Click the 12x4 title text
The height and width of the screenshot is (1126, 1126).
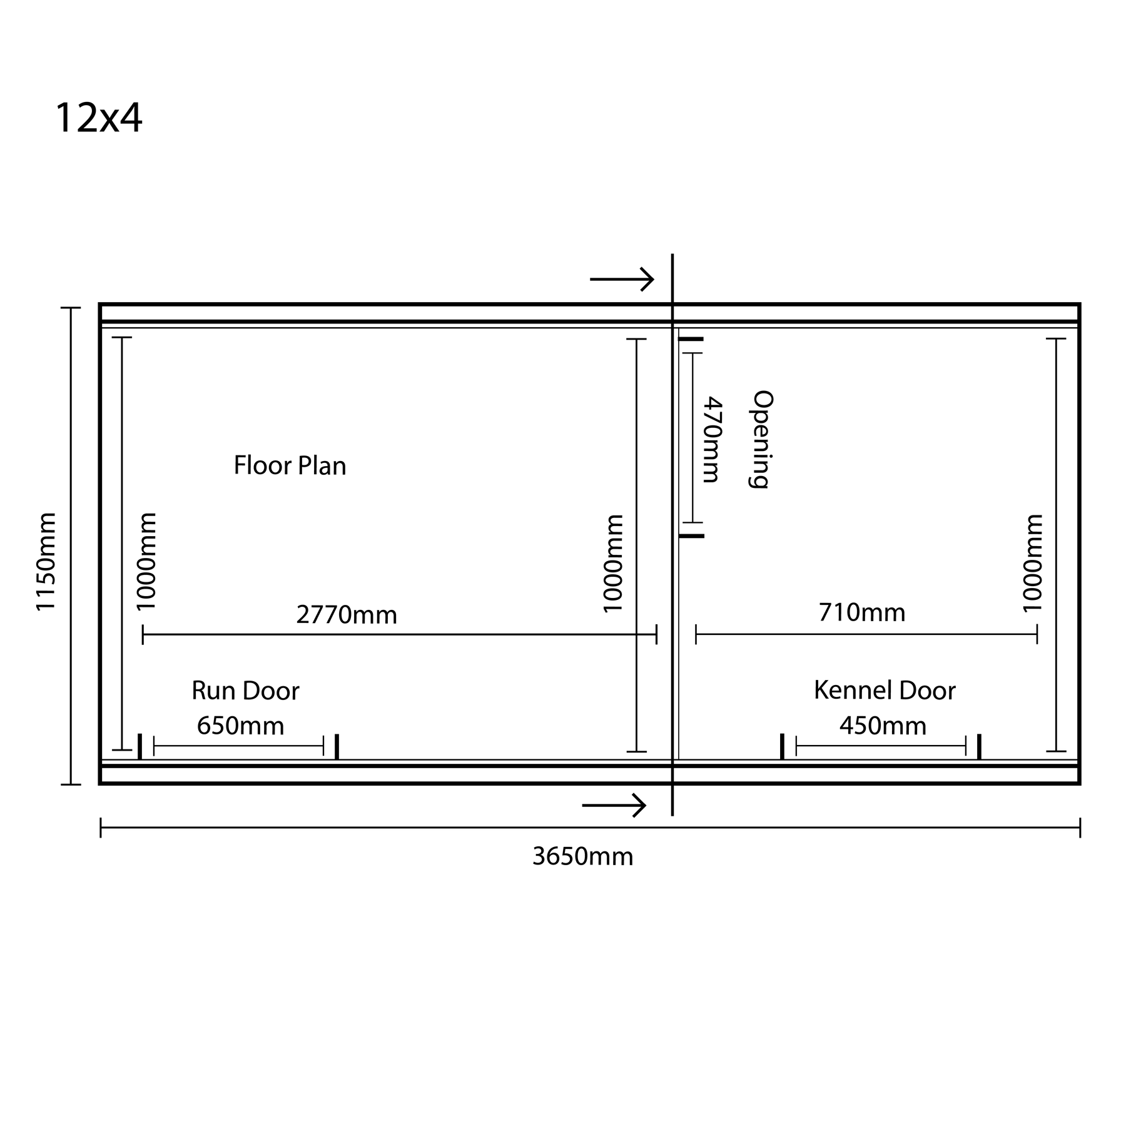pos(99,118)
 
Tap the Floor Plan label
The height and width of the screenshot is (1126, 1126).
pos(290,466)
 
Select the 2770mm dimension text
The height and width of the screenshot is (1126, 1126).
pos(347,615)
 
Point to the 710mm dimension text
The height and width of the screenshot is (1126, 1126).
pos(862,612)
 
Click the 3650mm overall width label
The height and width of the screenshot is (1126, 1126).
pos(583,856)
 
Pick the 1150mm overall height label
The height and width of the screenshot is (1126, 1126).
pos(47,562)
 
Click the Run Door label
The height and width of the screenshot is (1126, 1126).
pos(245,691)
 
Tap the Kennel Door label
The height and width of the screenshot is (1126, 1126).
pos(885,691)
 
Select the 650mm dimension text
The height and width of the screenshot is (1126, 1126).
pos(241,726)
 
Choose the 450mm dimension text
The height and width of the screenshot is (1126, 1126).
pos(883,726)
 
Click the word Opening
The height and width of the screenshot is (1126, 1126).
pos(762,439)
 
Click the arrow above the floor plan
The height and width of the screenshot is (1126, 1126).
pos(622,279)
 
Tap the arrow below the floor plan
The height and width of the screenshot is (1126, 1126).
pos(614,805)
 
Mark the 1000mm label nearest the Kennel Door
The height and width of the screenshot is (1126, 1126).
pos(1033,563)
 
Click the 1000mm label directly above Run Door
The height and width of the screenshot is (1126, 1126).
pos(146,561)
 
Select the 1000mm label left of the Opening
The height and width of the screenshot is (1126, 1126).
pos(613,563)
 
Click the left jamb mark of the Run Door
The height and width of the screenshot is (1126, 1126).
pos(139,746)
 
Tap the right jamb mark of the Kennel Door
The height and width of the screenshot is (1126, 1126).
pos(979,746)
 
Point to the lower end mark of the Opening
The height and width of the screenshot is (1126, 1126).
pos(692,536)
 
